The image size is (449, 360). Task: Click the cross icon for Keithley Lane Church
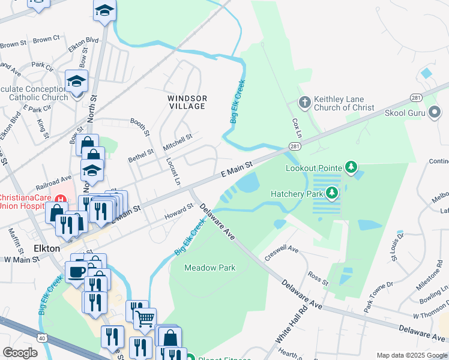(304, 102)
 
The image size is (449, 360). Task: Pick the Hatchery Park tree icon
(331, 193)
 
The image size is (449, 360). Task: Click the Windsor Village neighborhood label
(187, 102)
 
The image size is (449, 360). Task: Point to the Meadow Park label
(209, 268)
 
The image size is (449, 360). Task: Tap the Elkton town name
(46, 248)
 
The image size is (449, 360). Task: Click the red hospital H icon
(59, 199)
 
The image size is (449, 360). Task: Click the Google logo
(20, 352)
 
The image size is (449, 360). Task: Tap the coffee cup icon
(77, 271)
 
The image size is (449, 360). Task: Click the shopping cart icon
(145, 319)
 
